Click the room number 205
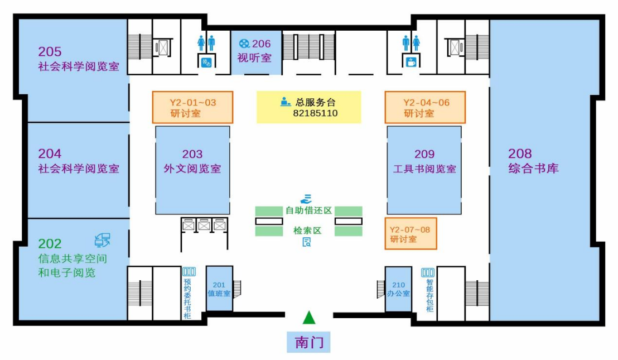tap(50, 52)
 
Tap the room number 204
tap(50, 153)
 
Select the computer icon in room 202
tap(103, 240)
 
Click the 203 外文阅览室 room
tap(192, 170)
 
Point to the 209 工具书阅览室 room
tap(424, 170)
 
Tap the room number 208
tap(520, 153)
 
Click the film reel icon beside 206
tap(244, 44)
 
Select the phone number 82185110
tap(315, 113)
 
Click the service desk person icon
tap(286, 102)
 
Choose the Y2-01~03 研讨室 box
tap(193, 108)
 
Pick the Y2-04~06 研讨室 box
tap(425, 108)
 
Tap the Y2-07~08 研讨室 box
tap(411, 234)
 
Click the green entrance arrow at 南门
tap(309, 318)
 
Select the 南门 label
tap(309, 341)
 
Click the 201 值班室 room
tap(219, 288)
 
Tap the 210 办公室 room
tap(398, 289)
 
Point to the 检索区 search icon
tap(307, 242)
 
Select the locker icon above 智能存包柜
tap(428, 272)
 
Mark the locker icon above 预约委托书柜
tap(189, 272)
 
